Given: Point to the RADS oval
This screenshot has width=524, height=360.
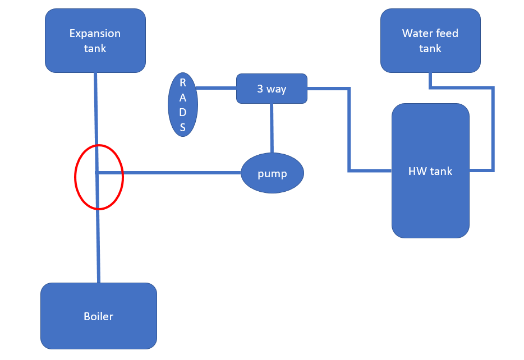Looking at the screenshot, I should click(x=183, y=105).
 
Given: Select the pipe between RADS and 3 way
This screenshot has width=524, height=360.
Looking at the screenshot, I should click(x=216, y=88).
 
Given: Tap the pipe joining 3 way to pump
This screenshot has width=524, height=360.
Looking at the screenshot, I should click(x=272, y=128).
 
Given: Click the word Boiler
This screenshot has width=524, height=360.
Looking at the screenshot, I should click(x=99, y=316).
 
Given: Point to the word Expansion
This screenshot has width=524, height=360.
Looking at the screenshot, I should click(x=95, y=34).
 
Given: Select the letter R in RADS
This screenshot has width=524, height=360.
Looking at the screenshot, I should click(x=183, y=82).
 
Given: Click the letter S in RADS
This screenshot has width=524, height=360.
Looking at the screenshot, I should click(x=183, y=128).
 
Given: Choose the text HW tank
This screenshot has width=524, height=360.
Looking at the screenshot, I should click(x=430, y=171).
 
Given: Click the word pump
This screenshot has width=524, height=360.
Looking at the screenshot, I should click(x=272, y=174).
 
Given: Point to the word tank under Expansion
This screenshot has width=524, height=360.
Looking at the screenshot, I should click(x=95, y=48).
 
